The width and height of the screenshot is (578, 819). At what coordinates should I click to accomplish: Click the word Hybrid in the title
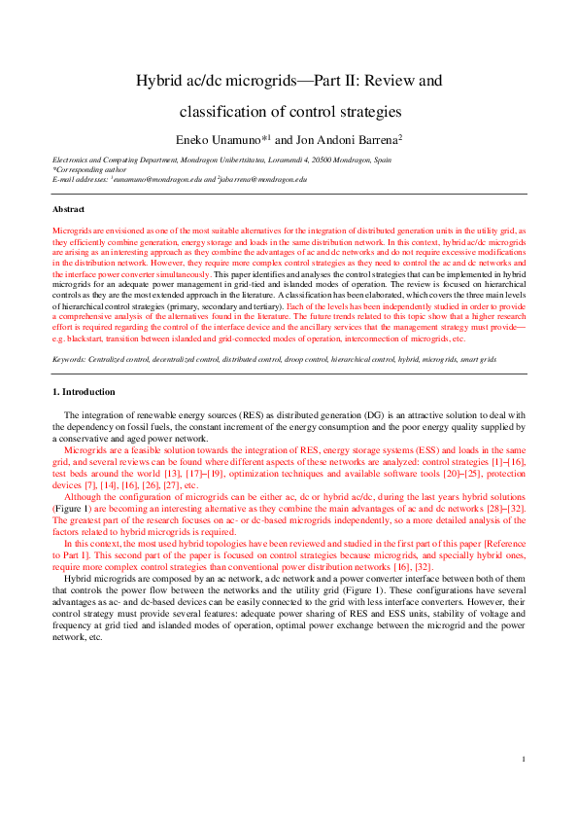[158, 81]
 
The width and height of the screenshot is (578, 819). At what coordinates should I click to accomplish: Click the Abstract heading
[69, 209]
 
